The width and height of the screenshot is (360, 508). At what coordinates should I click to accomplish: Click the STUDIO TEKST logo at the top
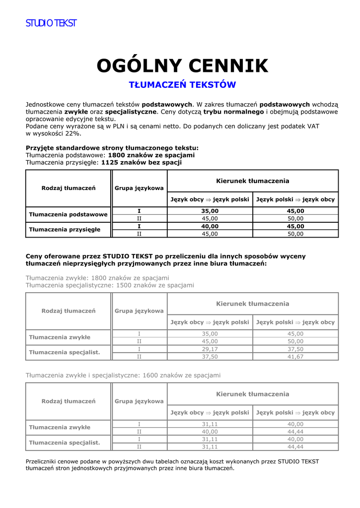click(51, 23)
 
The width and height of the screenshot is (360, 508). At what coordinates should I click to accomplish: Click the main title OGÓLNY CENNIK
click(182, 65)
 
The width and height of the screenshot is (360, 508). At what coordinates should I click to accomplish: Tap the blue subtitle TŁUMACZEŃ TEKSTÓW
click(182, 85)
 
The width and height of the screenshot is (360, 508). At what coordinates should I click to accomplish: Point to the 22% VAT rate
click(72, 133)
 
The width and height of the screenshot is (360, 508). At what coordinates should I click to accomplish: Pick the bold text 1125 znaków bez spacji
click(142, 162)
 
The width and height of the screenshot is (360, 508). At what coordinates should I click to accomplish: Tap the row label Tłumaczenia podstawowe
click(69, 214)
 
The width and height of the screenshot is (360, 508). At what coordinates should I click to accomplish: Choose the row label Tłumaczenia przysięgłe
click(65, 229)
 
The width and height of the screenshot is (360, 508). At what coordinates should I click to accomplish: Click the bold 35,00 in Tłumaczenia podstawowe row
click(210, 211)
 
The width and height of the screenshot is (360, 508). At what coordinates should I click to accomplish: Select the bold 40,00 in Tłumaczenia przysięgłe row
click(210, 226)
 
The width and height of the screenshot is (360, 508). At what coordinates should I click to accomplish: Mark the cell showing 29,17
click(210, 349)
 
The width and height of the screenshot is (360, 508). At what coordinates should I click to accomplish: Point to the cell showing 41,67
click(295, 356)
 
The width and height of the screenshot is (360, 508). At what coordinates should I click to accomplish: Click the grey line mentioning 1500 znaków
click(110, 285)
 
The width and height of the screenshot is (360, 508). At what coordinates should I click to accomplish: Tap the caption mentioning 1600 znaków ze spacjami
click(123, 375)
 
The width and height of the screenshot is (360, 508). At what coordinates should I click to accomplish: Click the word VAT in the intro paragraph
click(313, 127)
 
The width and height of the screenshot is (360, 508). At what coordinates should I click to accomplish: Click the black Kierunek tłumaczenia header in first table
click(252, 181)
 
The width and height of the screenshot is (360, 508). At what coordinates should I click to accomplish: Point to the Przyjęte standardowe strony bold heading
click(112, 148)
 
